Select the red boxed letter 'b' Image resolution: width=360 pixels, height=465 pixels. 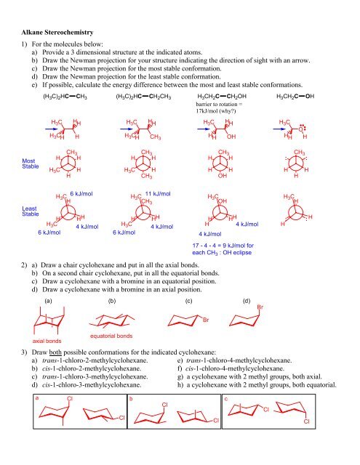point(130,398)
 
